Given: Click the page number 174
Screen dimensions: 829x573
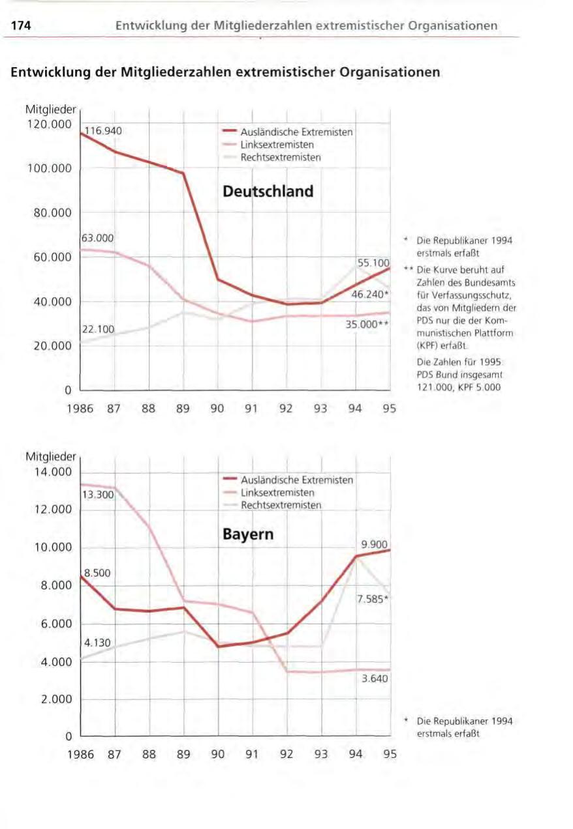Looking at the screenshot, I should pyautogui.click(x=20, y=26).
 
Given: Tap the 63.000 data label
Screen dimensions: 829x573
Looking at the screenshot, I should pyautogui.click(x=99, y=239).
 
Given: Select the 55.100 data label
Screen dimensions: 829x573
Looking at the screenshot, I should pyautogui.click(x=373, y=263).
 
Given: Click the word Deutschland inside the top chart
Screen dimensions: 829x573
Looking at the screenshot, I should pyautogui.click(x=268, y=192).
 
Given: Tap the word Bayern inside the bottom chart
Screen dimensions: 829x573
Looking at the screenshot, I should pyautogui.click(x=247, y=535).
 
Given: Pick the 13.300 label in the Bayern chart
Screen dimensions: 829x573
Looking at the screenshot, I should pyautogui.click(x=98, y=495).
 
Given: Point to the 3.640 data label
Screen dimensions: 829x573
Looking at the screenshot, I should pyautogui.click(x=375, y=679).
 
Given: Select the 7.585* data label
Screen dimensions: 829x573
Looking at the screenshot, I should pyautogui.click(x=373, y=600).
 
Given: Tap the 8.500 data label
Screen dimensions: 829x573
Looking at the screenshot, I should pyautogui.click(x=98, y=573).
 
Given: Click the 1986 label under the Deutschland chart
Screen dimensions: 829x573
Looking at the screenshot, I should pyautogui.click(x=80, y=410).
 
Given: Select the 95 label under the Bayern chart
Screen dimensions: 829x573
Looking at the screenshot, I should pyautogui.click(x=390, y=755).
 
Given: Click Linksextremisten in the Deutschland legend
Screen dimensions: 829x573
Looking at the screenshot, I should pyautogui.click(x=277, y=145).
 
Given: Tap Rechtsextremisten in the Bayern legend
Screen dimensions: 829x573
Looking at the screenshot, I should pyautogui.click(x=281, y=505).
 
